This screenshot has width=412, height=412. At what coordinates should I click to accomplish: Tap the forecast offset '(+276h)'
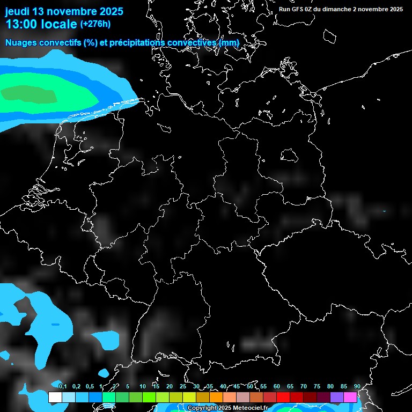tap(95, 24)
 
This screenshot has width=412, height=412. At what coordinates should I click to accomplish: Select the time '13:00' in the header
tap(21, 24)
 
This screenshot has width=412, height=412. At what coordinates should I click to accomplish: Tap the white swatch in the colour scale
tap(55, 398)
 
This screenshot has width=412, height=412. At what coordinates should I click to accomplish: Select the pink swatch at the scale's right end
tap(350, 398)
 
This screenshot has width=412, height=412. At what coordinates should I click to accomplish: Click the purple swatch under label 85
tap(337, 398)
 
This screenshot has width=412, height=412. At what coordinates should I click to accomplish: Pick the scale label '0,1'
tap(62, 387)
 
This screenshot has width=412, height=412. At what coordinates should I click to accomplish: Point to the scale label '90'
tap(357, 387)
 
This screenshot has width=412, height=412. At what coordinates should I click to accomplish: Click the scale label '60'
tap(277, 387)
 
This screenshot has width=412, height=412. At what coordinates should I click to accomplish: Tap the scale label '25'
tap(182, 387)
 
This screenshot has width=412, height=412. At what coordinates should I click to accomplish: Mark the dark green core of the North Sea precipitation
tap(30, 94)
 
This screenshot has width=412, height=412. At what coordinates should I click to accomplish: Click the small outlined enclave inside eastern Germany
tap(290, 155)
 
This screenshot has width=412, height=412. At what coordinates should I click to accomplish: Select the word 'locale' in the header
tap(58, 24)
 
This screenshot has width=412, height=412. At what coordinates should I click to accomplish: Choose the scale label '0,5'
tap(89, 387)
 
